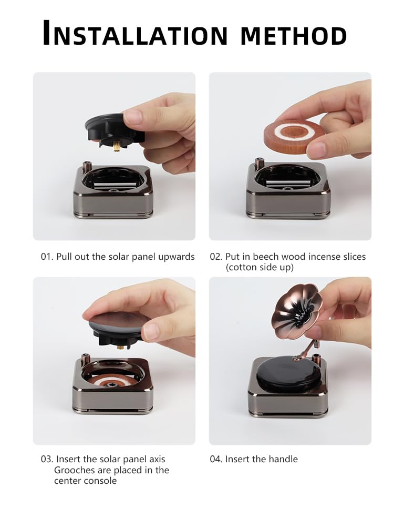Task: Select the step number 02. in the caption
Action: tap(216, 257)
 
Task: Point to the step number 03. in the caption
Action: tap(47, 459)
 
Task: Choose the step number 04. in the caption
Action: tap(216, 459)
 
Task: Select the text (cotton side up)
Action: tap(260, 267)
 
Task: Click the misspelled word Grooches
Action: tap(74, 470)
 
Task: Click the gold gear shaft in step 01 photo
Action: tap(117, 146)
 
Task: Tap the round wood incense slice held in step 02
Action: tap(294, 137)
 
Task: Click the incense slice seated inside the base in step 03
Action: tap(112, 383)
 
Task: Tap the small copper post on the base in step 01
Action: tap(87, 165)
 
